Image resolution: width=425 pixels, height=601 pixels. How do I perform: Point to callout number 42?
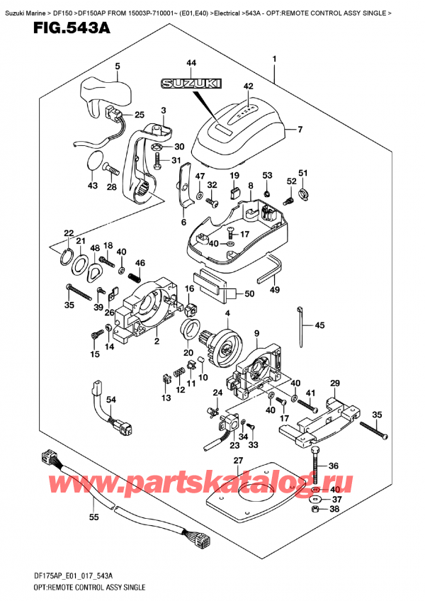click(x=247, y=86)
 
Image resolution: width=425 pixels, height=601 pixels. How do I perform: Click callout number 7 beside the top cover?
click(x=300, y=129)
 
